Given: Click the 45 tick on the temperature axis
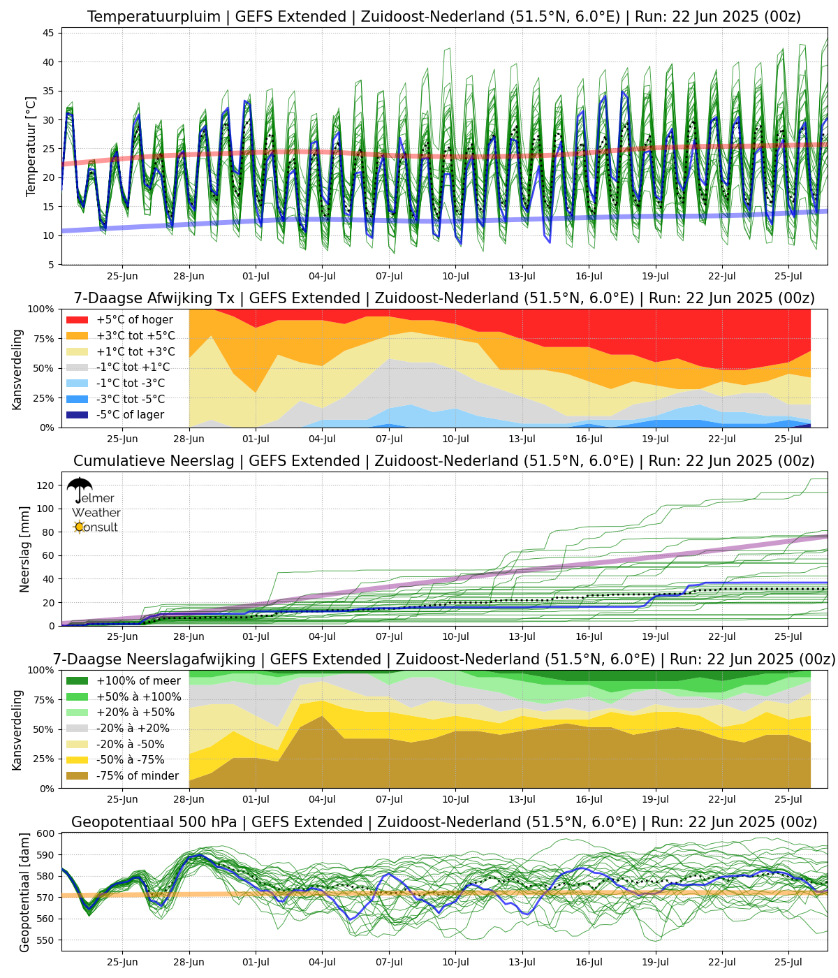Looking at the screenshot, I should coord(50,33).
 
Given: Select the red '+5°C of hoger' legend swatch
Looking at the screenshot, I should coord(78,320).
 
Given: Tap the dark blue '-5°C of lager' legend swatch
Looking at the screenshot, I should coord(78,415).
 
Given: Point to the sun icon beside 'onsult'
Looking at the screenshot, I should coord(79,527).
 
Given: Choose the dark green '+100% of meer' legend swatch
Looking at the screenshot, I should coord(78,681).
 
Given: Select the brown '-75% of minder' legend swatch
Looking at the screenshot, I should coord(78,776).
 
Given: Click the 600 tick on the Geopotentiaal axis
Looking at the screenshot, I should coord(47,833).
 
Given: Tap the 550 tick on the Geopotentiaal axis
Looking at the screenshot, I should coord(47,940).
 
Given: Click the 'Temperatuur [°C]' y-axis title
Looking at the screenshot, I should coord(31,147).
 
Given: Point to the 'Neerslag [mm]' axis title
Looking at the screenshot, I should coord(25,549).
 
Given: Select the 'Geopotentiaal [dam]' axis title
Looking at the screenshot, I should coord(25,892).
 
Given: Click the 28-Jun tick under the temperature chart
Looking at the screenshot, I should coord(189,274).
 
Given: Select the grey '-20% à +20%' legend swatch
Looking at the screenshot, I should coord(78,729).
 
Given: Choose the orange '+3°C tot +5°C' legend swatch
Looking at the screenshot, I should coord(78,336).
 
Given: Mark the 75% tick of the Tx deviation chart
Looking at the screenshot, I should coord(46,339).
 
